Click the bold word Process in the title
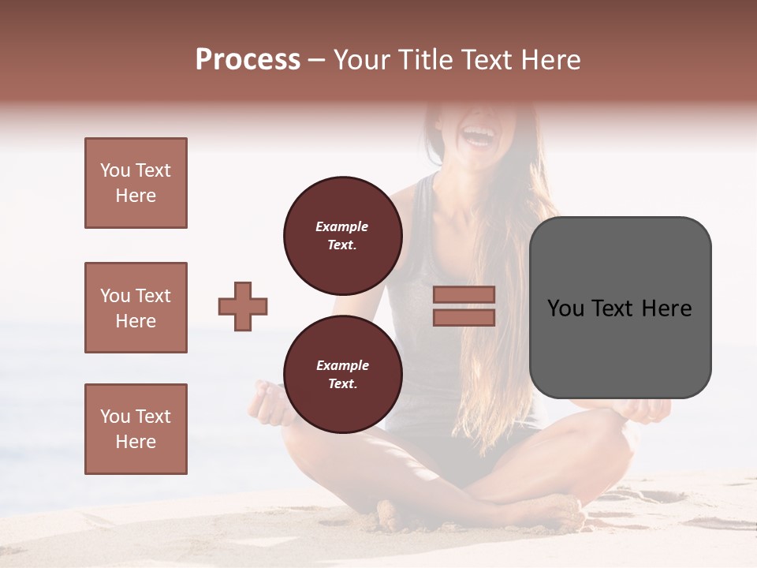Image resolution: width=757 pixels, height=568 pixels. tap(248, 59)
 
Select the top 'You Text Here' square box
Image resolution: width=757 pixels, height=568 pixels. tap(136, 183)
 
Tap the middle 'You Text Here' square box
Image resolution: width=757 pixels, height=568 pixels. tap(136, 308)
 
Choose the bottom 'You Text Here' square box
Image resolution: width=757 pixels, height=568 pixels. tap(136, 429)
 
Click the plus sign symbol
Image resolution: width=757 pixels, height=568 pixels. tap(243, 306)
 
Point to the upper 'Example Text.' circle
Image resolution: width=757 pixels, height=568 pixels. tap(342, 235)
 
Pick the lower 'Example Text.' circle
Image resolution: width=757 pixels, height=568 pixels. tap(342, 374)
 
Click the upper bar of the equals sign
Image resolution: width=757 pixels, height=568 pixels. tap(464, 294)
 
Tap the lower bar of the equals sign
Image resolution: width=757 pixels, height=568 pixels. tap(464, 317)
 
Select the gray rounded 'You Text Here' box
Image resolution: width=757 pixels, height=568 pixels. tap(620, 308)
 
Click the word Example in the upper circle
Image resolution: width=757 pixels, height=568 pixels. tap(342, 226)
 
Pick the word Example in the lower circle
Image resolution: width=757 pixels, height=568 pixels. tap(342, 365)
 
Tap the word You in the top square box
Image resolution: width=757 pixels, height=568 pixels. tap(114, 170)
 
